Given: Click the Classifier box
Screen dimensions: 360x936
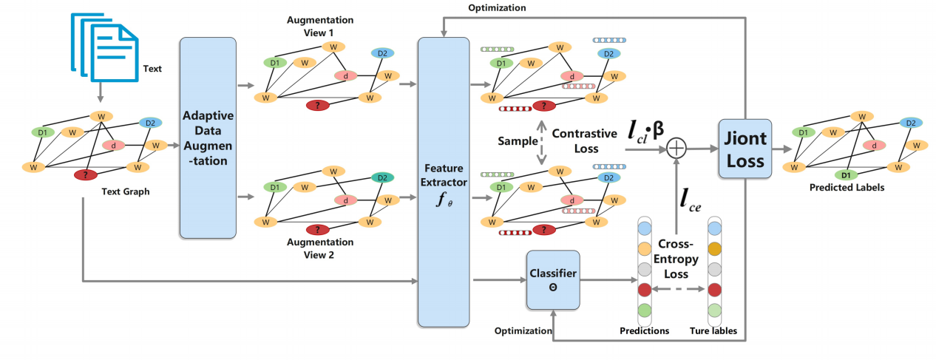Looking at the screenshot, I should [552, 279].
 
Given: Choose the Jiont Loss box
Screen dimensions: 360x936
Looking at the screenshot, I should [745, 149].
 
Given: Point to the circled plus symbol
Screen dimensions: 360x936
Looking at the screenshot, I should [676, 149].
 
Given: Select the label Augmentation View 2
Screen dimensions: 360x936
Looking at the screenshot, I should [319, 247].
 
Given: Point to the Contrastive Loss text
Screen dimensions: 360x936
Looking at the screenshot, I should [584, 140].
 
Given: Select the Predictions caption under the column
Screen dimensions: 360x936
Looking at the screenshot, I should [644, 330].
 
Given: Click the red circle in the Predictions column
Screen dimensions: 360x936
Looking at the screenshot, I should [644, 288].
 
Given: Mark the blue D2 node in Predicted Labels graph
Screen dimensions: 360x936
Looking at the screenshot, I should [911, 123].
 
